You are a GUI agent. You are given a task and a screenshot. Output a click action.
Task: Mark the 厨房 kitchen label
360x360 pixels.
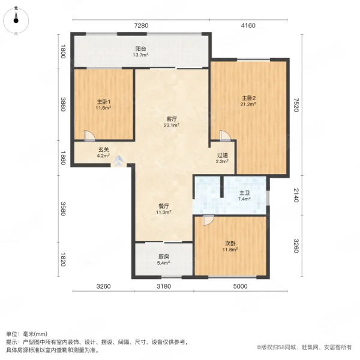click(x=163, y=259)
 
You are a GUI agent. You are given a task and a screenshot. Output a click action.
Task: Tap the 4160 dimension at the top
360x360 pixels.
click(x=248, y=25)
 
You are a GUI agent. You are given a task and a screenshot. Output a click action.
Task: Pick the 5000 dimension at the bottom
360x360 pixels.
click(x=240, y=287)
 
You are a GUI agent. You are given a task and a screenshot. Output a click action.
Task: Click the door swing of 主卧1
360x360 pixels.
click(x=88, y=136)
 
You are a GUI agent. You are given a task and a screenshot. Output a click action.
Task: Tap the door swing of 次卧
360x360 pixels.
click(x=208, y=220)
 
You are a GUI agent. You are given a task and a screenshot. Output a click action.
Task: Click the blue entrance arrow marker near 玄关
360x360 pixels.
click(x=119, y=161)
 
